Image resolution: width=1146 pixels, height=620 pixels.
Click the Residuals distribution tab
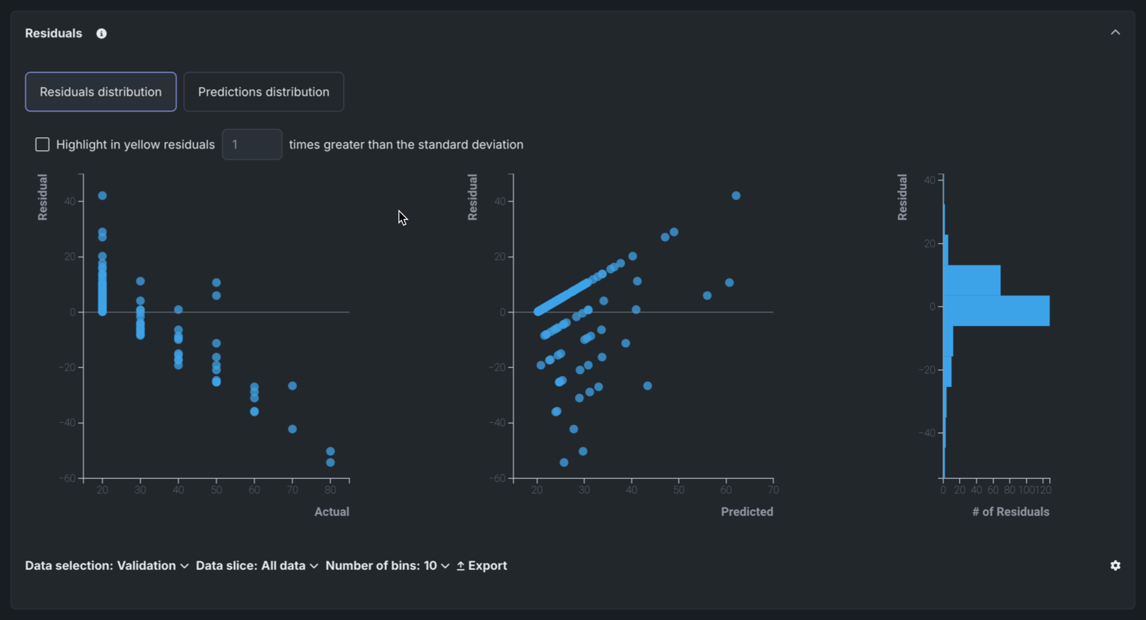[x=100, y=92]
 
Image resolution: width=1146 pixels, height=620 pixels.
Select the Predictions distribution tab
[x=263, y=92]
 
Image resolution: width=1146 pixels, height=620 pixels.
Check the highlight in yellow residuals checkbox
[x=42, y=145]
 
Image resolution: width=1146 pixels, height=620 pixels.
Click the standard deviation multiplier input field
[x=252, y=145]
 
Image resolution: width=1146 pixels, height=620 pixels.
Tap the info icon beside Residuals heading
[x=102, y=34]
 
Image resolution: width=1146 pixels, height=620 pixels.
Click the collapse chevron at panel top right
[x=1115, y=33]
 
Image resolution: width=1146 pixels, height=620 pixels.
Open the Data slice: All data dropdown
[x=257, y=566]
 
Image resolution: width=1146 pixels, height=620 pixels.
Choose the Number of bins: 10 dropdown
[x=387, y=566]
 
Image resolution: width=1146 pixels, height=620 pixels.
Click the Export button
[x=482, y=566]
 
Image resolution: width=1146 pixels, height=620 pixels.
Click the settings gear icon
[x=1115, y=566]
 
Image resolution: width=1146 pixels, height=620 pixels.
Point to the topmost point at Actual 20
[x=103, y=196]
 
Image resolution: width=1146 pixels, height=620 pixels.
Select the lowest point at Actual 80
[x=330, y=462]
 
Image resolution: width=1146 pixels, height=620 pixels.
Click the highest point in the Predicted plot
[x=736, y=196]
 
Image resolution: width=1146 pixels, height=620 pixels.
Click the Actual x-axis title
[x=332, y=512]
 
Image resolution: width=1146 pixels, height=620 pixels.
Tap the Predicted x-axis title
[x=746, y=512]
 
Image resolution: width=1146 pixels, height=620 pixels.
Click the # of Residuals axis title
[x=1010, y=512]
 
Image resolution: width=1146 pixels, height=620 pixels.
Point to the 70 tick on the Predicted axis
[x=773, y=490]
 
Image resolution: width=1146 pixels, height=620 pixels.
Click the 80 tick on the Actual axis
[x=330, y=490]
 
